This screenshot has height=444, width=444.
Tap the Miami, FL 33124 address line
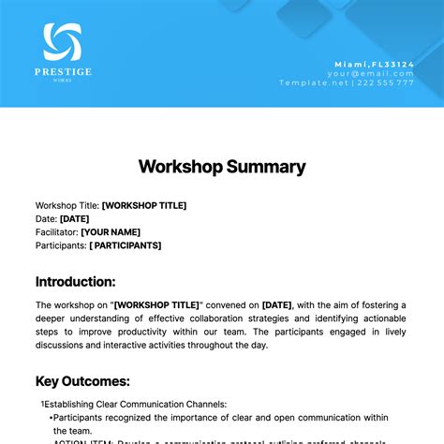[x=375, y=64]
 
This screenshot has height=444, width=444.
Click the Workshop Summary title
[x=222, y=167]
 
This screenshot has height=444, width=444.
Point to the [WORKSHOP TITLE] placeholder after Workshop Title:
[x=144, y=205]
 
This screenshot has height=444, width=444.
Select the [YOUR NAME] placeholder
[x=111, y=231]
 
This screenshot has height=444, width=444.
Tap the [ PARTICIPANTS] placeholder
[x=126, y=244]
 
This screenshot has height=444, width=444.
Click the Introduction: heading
[x=76, y=281]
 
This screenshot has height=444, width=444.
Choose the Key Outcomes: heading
[x=82, y=381]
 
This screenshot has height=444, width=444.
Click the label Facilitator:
[x=56, y=231]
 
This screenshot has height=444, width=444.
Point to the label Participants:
[x=61, y=244]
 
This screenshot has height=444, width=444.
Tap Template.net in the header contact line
[x=314, y=82]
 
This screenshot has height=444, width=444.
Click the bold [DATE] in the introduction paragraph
[x=277, y=304]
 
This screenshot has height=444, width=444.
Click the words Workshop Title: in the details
[x=67, y=205]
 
